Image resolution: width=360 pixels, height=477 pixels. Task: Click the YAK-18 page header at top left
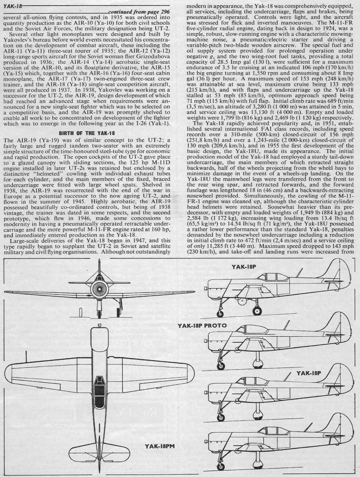[13, 5]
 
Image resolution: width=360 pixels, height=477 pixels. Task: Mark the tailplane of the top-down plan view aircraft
[99, 446]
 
